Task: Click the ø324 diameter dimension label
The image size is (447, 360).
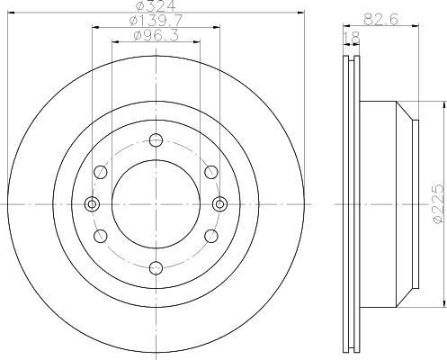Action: pyautogui.click(x=156, y=6)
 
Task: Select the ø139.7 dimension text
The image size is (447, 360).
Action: pyautogui.click(x=156, y=21)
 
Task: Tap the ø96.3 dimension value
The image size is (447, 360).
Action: pyautogui.click(x=156, y=36)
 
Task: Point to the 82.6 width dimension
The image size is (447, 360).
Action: pyautogui.click(x=380, y=20)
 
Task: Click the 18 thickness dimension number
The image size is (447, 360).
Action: pyautogui.click(x=351, y=38)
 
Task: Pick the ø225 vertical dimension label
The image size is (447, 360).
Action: pyautogui.click(x=439, y=203)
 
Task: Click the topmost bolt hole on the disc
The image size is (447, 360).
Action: pyautogui.click(x=156, y=140)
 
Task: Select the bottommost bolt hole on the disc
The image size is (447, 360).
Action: pyautogui.click(x=156, y=268)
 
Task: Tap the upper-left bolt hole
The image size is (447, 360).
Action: pyautogui.click(x=101, y=172)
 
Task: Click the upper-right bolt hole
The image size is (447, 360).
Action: pyautogui.click(x=211, y=172)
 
